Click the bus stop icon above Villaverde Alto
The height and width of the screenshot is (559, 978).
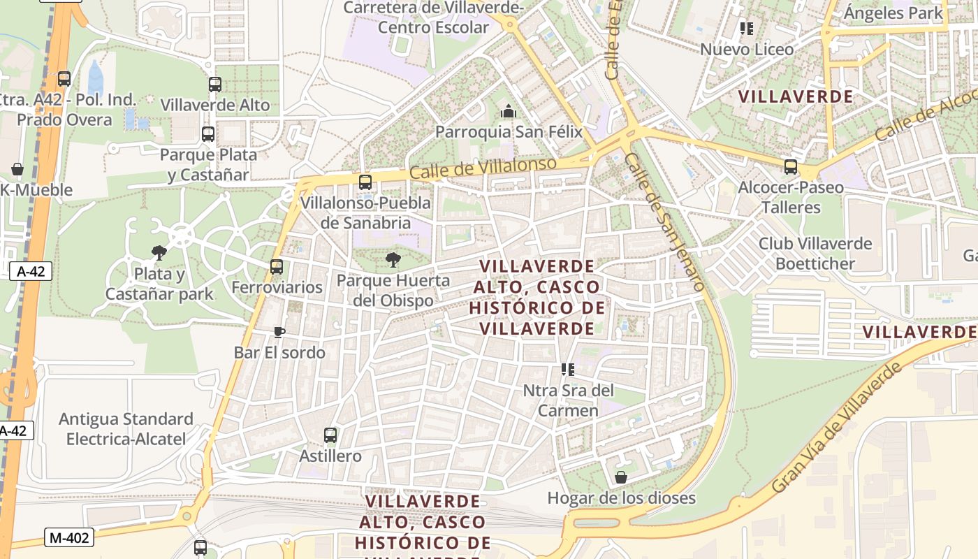click(x=214, y=85)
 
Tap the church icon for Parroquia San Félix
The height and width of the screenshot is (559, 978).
click(x=508, y=111)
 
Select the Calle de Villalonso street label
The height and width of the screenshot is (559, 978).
click(x=483, y=168)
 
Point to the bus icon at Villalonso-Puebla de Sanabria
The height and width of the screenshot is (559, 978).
click(x=365, y=182)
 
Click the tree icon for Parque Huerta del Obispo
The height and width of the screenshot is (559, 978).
click(x=393, y=261)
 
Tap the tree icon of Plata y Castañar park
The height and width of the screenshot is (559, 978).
click(x=159, y=252)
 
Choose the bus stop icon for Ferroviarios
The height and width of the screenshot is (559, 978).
click(x=277, y=267)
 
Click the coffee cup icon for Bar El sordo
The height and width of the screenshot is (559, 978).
click(x=279, y=332)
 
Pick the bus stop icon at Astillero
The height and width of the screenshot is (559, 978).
click(x=330, y=435)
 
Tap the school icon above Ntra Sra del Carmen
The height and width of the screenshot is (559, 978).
click(x=567, y=369)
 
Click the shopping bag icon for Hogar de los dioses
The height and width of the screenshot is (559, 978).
click(x=620, y=477)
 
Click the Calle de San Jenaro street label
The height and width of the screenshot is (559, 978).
click(x=665, y=222)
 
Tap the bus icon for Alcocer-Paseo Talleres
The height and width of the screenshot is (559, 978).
click(x=791, y=167)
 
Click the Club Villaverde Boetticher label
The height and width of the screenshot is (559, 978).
click(x=815, y=253)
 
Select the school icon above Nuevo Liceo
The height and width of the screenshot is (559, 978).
click(x=747, y=29)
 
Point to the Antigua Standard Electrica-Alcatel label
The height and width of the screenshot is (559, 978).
click(x=126, y=428)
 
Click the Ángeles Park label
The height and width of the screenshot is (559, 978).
click(x=893, y=13)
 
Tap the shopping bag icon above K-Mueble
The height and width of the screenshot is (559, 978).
click(x=17, y=169)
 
